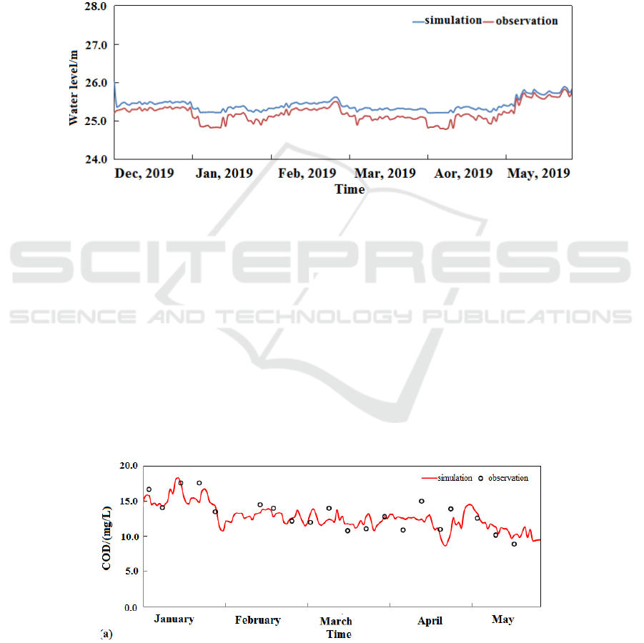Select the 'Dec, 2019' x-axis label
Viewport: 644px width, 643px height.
tap(144, 174)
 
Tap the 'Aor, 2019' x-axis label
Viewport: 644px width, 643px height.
tap(463, 174)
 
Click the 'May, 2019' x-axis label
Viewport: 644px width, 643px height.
tap(538, 174)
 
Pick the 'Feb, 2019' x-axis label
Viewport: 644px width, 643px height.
tap(306, 174)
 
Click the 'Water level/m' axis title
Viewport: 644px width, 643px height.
tap(74, 82)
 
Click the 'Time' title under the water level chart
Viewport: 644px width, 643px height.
tap(350, 189)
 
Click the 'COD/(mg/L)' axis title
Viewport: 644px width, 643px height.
tap(106, 537)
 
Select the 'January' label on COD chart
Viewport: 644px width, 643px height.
tap(174, 619)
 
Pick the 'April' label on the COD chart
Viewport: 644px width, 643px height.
tap(430, 621)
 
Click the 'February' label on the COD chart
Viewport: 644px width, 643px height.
tap(257, 620)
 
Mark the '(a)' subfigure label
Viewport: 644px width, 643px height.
tap(106, 634)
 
